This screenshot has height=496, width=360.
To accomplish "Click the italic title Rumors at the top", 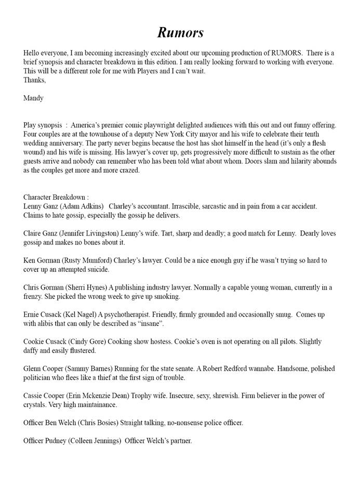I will (x=180, y=32).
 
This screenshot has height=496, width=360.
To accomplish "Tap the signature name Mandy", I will (x=33, y=97).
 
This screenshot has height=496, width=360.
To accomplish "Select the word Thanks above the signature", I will (x=34, y=80).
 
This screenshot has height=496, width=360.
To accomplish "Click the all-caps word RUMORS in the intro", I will (x=283, y=53).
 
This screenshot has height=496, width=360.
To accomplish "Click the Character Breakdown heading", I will (x=56, y=197).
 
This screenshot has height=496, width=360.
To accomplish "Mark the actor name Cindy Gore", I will (x=85, y=342).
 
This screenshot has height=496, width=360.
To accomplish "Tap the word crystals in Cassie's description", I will (x=35, y=404).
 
